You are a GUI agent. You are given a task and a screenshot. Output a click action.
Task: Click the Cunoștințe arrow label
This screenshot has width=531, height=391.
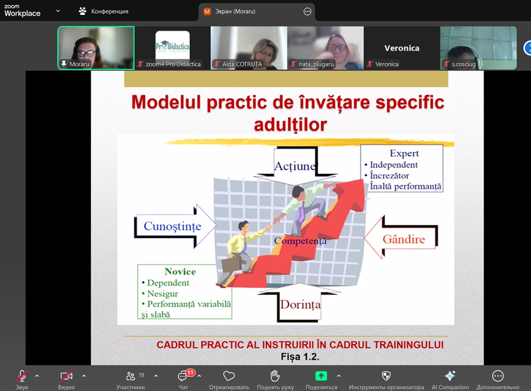pos(172,226)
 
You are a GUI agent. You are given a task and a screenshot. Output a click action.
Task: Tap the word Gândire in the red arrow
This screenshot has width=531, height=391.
pos(404,239)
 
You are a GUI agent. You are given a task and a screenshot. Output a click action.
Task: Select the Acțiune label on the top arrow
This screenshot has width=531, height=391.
pos(295,166)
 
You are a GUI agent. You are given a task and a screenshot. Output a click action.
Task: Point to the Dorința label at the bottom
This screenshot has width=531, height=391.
pos(300,305)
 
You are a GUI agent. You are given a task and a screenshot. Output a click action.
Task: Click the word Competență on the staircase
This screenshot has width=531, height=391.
pos(301,241)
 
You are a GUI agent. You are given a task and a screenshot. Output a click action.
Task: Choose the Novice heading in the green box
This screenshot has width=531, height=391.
pos(180,272)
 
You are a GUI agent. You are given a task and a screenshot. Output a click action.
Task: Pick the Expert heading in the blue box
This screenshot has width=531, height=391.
pos(404,153)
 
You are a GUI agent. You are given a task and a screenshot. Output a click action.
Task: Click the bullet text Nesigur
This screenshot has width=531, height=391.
pos(163,294)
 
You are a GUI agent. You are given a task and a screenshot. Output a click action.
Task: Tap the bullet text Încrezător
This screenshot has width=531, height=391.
pos(390,175)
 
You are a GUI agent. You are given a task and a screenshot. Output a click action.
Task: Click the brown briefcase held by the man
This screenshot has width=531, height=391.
pos(232,264)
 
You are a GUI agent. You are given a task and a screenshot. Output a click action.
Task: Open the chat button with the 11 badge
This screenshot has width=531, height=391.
pos(183,376)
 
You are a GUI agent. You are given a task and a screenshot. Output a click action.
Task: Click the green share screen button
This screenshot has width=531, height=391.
pos(321,376)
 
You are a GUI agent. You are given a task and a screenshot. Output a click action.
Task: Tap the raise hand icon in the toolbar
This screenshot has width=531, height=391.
pos(275,376)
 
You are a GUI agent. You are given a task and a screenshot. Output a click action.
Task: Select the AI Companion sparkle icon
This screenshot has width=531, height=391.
pos(450,376)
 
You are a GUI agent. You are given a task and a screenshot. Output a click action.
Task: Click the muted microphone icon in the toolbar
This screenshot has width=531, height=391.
pos(22,376)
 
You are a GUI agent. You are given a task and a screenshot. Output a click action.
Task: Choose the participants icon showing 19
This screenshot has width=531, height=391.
pos(131,376)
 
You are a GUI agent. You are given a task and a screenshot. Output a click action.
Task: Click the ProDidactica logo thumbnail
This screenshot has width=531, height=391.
pos(172,45)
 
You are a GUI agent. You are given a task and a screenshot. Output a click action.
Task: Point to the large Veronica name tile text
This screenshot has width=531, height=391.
pos(402,48)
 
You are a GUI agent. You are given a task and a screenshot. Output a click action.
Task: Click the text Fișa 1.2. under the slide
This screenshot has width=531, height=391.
pos(300,357)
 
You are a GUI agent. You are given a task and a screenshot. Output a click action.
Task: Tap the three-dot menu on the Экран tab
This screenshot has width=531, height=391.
pos(307,11)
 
